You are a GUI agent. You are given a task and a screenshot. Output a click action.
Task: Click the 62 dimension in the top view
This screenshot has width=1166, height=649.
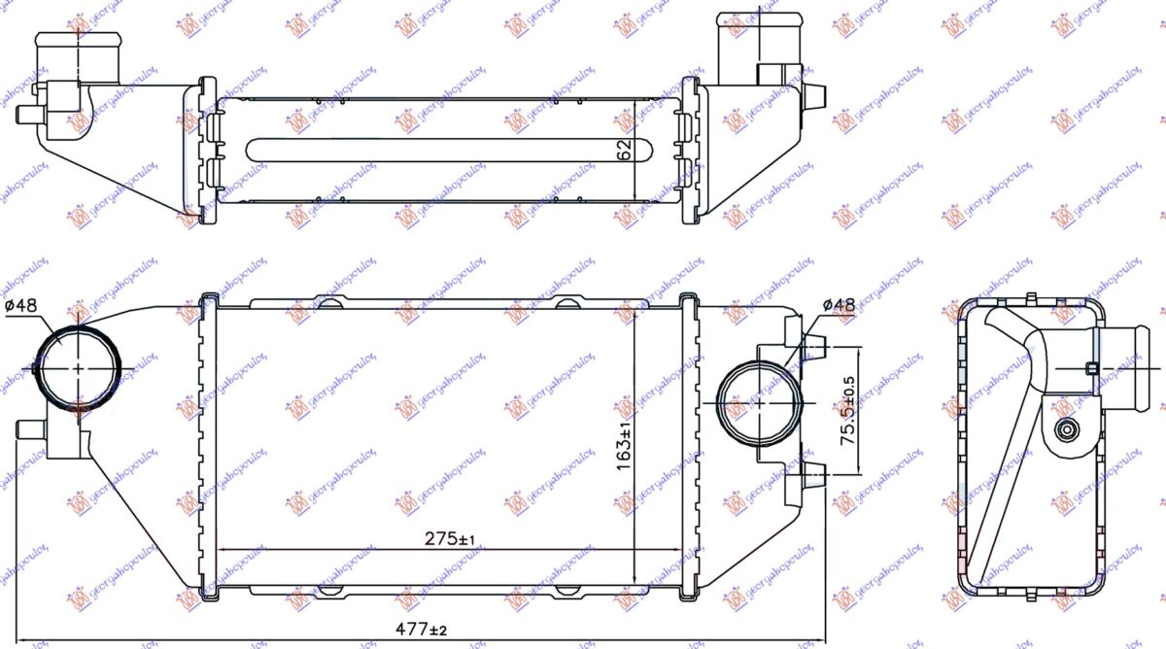(624, 149)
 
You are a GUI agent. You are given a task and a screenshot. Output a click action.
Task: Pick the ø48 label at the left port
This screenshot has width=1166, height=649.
(20, 305)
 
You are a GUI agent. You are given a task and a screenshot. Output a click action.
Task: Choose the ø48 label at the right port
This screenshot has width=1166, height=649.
(838, 305)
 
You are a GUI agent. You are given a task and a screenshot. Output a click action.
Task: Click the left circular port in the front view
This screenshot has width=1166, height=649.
(79, 368)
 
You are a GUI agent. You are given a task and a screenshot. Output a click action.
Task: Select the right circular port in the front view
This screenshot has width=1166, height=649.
(758, 400)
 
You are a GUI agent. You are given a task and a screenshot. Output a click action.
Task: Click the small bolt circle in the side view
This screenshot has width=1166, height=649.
(1069, 429)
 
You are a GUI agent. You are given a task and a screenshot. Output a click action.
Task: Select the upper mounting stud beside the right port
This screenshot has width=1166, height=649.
(814, 346)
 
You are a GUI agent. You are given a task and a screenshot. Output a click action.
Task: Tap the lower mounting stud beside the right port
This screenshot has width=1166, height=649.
(814, 473)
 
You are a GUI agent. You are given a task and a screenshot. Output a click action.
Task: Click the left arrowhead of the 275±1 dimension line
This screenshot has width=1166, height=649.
(220, 550)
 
